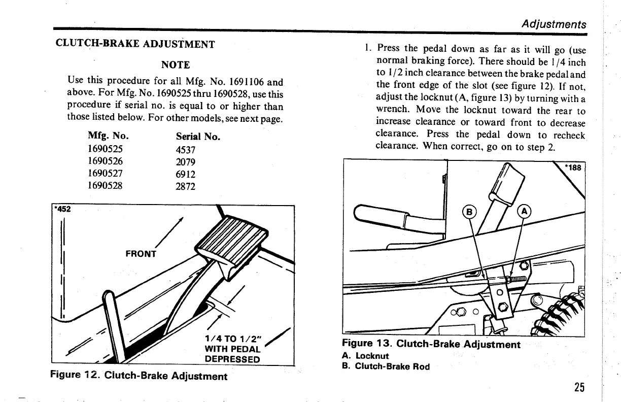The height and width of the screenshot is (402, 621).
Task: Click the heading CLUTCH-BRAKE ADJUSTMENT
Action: click(x=135, y=44)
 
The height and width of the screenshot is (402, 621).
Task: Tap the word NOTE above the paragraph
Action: click(x=176, y=65)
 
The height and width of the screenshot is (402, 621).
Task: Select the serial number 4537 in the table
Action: click(x=186, y=150)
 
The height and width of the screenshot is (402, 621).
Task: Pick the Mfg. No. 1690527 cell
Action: click(x=106, y=174)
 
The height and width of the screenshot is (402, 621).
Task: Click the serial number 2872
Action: click(x=186, y=186)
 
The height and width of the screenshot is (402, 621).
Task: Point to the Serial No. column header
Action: click(x=198, y=137)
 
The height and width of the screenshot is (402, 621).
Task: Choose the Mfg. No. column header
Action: click(x=108, y=137)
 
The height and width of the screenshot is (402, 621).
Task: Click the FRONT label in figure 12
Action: click(x=141, y=254)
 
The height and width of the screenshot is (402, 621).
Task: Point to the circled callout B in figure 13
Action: click(x=469, y=212)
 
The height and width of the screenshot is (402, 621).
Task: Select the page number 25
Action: click(x=579, y=387)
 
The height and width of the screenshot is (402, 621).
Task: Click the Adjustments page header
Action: click(x=554, y=24)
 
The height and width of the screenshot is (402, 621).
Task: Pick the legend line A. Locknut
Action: click(x=365, y=356)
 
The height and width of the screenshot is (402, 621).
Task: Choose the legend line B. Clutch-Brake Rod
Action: click(x=386, y=366)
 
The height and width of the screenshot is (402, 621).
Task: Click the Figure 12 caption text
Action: click(x=139, y=376)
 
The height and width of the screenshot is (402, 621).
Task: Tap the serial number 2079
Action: click(x=186, y=162)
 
